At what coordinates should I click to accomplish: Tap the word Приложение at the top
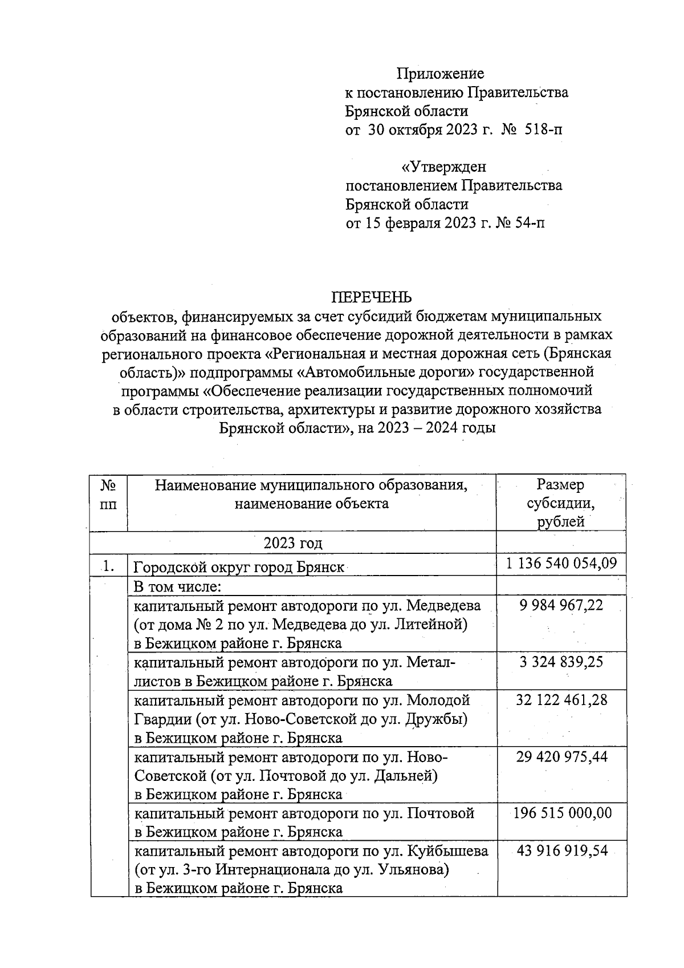[440, 74]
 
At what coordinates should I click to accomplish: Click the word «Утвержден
[444, 167]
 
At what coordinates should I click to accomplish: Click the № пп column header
[109, 495]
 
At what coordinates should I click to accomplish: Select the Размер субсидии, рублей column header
[561, 503]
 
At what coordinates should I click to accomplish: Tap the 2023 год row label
[293, 542]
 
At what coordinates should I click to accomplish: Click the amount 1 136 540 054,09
[561, 564]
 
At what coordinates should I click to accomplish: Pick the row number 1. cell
[109, 566]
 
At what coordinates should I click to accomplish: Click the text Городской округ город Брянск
[239, 568]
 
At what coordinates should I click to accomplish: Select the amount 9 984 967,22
[561, 605]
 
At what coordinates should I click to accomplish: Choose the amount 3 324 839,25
[561, 662]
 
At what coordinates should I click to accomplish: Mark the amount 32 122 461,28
[561, 699]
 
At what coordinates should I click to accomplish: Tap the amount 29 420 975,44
[561, 756]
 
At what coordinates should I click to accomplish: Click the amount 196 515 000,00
[562, 813]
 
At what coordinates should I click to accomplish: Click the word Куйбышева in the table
[447, 851]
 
